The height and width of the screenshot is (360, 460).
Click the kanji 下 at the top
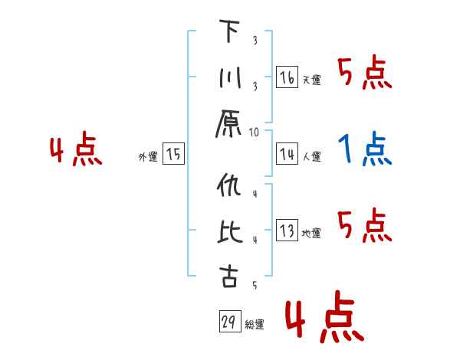[x=229, y=31]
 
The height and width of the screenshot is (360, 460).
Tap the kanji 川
[x=229, y=79]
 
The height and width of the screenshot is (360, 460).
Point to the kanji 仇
[x=229, y=186]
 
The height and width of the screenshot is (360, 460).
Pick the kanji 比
[x=229, y=232]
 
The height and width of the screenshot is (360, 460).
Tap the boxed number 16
[x=287, y=78]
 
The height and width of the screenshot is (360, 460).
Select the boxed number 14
[x=287, y=155]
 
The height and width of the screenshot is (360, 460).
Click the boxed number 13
[x=287, y=231]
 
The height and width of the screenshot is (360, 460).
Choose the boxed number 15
[x=173, y=155]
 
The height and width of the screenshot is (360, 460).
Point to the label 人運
[x=311, y=157]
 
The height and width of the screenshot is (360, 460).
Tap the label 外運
[x=148, y=157]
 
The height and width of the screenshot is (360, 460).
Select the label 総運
[x=255, y=325]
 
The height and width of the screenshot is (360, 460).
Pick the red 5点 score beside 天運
[x=365, y=74]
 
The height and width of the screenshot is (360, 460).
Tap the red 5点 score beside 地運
[x=365, y=225]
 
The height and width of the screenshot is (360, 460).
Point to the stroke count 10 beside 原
[x=255, y=133]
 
